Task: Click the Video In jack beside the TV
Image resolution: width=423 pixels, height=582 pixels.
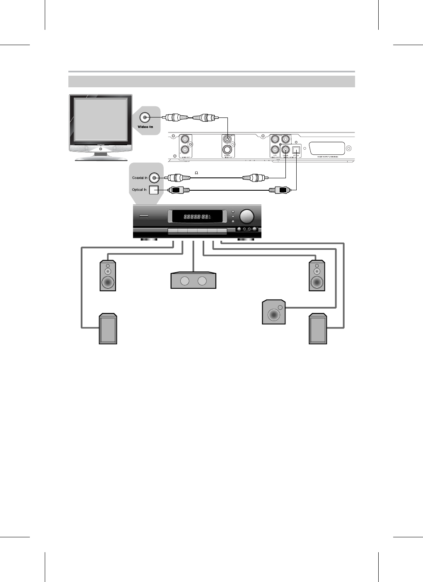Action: coord(145,117)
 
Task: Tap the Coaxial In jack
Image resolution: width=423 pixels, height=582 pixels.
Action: coord(154,178)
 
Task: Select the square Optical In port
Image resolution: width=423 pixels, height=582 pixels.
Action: coord(154,190)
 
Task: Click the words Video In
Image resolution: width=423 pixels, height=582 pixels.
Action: coord(145,127)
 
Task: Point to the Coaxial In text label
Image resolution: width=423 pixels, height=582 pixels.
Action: coord(140,178)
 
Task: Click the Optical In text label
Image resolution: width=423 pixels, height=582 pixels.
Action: coord(139,190)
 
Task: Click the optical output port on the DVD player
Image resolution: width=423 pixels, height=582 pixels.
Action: coord(296,150)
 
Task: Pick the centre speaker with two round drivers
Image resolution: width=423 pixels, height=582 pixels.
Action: coord(193,281)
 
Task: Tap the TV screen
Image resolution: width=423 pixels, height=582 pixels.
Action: coord(101,119)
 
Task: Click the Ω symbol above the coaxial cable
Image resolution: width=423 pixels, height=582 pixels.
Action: coord(196,172)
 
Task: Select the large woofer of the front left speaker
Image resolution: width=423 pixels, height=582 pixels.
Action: coord(108,283)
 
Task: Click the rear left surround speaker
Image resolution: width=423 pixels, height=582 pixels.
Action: coord(108,329)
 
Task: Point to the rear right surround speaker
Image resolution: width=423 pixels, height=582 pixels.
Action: coord(318,329)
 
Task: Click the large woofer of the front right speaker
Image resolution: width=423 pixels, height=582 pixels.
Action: coord(317,283)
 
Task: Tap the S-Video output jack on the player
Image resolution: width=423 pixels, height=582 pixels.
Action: coord(227,150)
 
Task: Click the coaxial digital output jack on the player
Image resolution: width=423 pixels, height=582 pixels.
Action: coord(286,150)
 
